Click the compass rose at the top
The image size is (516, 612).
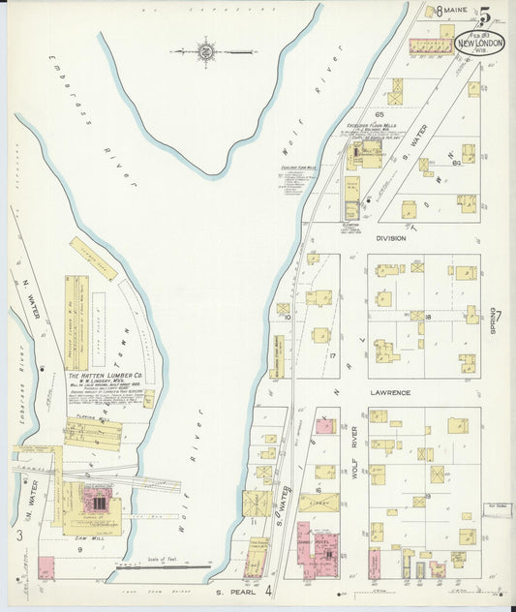(x=206, y=49)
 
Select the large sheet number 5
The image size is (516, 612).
(x=483, y=15)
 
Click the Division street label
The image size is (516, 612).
(x=391, y=238)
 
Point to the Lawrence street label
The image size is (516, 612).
(x=391, y=393)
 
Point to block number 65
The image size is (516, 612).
(x=367, y=113)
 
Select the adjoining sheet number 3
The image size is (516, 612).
(x=18, y=535)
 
